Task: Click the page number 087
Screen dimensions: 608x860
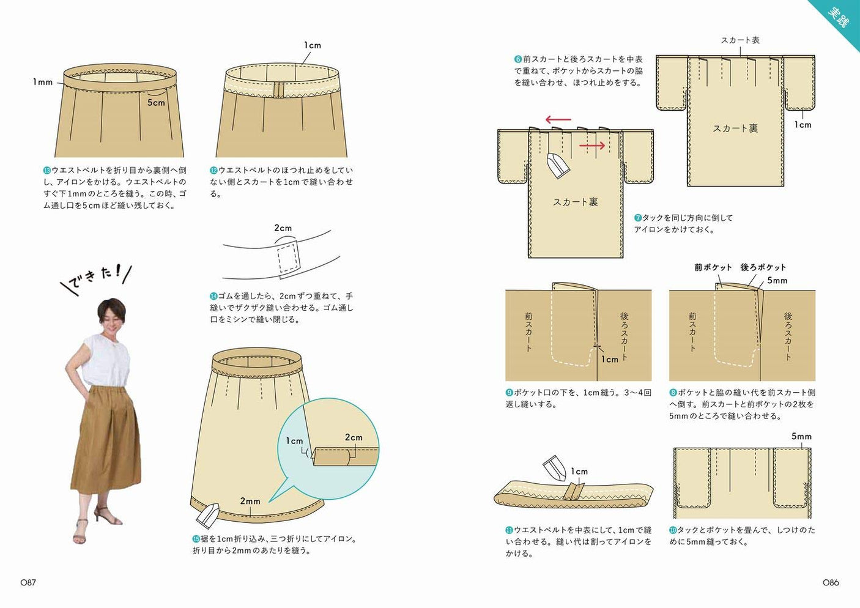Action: pyautogui.click(x=28, y=582)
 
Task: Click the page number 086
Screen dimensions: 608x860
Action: pyautogui.click(x=831, y=582)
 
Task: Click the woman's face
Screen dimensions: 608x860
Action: pyautogui.click(x=112, y=314)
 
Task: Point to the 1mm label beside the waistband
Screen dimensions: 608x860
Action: pyautogui.click(x=43, y=82)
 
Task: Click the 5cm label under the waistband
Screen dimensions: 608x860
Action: pyautogui.click(x=156, y=103)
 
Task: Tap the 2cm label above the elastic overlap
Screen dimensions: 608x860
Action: pyautogui.click(x=283, y=228)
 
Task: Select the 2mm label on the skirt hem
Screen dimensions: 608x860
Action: pyautogui.click(x=250, y=501)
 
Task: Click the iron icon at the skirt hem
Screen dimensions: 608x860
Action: pyautogui.click(x=207, y=516)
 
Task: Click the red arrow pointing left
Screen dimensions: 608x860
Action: pyautogui.click(x=558, y=120)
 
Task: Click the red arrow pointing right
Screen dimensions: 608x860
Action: pyautogui.click(x=592, y=146)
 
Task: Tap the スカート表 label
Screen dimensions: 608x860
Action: pyautogui.click(x=740, y=40)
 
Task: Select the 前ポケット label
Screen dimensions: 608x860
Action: pyautogui.click(x=713, y=267)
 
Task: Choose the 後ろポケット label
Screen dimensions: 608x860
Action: pyautogui.click(x=763, y=267)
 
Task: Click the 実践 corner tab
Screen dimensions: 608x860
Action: pyautogui.click(x=839, y=17)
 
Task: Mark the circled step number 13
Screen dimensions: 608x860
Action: pyautogui.click(x=46, y=171)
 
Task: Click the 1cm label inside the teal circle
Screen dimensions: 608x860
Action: pyautogui.click(x=294, y=441)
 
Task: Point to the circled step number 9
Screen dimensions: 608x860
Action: pyautogui.click(x=509, y=393)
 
